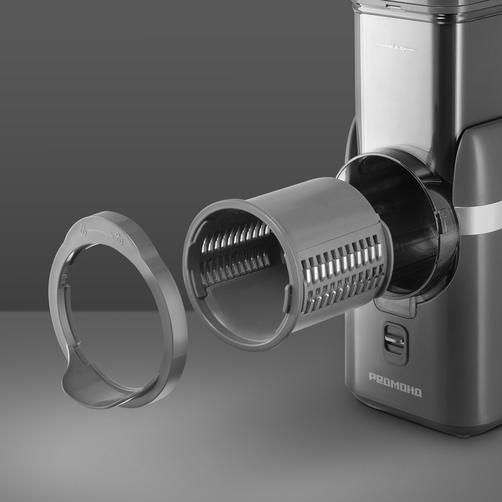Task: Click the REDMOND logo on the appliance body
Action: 396,385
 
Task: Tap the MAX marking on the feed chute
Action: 396,47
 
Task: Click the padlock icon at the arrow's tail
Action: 83,229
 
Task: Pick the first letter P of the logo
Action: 373,377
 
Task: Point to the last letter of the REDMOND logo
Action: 418,392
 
